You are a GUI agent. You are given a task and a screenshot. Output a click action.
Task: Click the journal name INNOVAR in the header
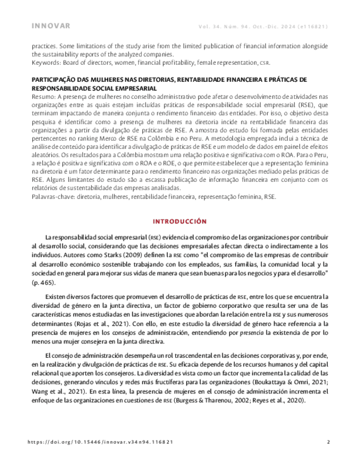(51, 26)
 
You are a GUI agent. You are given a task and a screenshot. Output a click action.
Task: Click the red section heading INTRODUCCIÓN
(180, 221)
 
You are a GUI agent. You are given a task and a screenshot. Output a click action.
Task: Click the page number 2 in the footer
(328, 441)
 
